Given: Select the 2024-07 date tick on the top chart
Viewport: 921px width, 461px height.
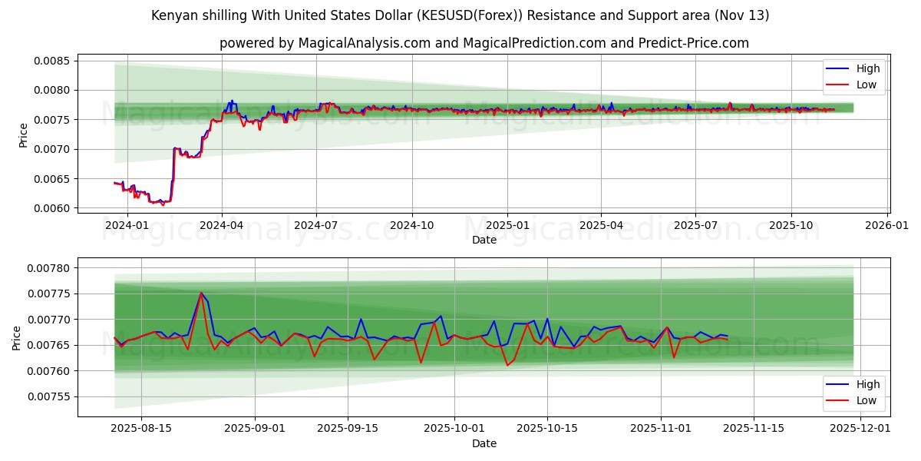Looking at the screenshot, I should pos(316,226).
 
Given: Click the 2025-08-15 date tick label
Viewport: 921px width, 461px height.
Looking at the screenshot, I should pos(141,429).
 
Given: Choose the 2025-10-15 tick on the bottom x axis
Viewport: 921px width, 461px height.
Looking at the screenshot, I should pos(547,429).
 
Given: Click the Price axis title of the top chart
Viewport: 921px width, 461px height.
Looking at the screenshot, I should pos(23,135).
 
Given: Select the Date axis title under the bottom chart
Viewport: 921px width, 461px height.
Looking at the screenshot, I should pos(484,443).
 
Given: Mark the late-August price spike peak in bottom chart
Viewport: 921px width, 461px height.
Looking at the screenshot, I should pos(201,293).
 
